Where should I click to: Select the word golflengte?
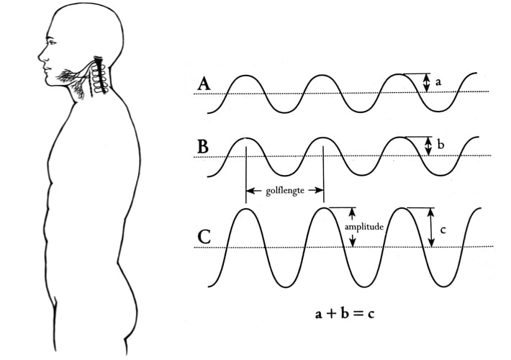tap(284, 192)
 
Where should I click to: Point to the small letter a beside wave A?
tap(438, 83)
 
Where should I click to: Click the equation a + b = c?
tap(346, 315)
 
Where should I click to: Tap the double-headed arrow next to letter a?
tap(426, 83)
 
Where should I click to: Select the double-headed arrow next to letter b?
tap(429, 146)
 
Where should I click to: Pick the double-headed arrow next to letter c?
tap(430, 228)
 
